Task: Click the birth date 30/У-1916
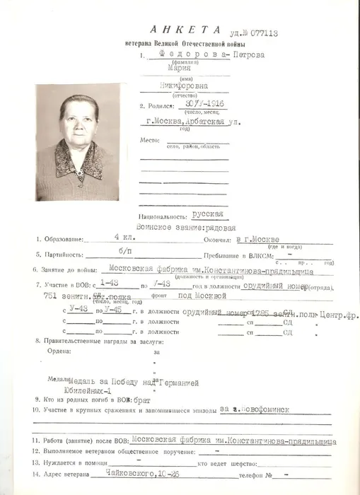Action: pos(192,105)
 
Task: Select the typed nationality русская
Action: pos(208,213)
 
